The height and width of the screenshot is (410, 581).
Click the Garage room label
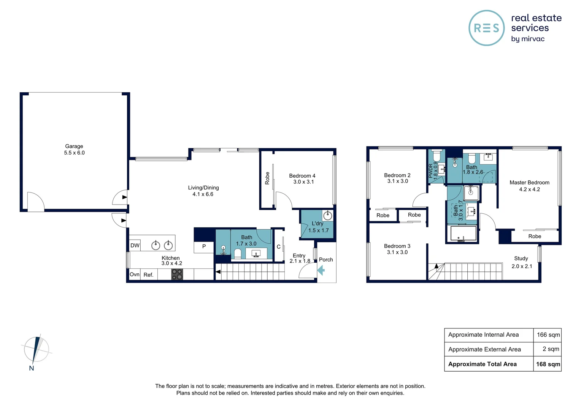tap(74, 146)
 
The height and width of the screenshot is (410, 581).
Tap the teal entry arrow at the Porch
tap(321, 270)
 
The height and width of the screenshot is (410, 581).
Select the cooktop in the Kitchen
tap(177, 274)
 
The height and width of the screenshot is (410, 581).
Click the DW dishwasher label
tap(135, 246)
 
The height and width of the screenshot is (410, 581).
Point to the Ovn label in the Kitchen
tap(135, 274)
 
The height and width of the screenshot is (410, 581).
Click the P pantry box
tap(204, 247)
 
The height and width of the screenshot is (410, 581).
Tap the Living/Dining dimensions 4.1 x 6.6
tap(203, 194)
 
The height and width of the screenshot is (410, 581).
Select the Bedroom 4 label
tap(302, 176)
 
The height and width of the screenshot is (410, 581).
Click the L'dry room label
tap(317, 224)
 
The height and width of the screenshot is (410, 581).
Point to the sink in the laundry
tap(327, 216)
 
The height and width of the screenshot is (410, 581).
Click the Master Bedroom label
tap(529, 183)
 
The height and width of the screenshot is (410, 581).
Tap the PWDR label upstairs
tap(431, 171)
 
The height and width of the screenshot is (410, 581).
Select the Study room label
tap(521, 259)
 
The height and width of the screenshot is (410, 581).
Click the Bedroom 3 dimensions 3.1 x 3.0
tap(397, 252)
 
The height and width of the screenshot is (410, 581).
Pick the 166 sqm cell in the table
tap(548, 335)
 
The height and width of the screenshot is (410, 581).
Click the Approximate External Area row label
tap(484, 349)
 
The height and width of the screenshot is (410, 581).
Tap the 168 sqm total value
tap(548, 364)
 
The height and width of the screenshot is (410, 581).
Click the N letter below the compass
tap(32, 368)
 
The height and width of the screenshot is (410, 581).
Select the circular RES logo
tap(486, 28)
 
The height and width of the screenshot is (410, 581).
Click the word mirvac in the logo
tap(533, 39)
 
